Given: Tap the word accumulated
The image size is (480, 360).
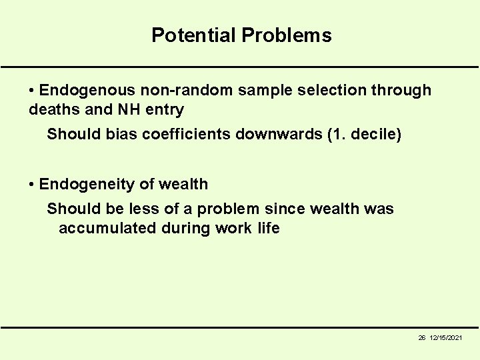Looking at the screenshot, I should [x=100, y=228].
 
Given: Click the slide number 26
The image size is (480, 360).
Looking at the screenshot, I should [x=422, y=339].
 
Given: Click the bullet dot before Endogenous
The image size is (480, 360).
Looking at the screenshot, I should [x=32, y=90].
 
